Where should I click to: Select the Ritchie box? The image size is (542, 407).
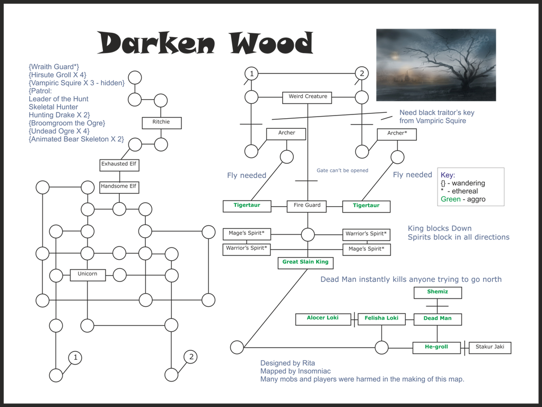(x=161, y=122)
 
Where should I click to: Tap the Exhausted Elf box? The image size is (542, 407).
(x=119, y=165)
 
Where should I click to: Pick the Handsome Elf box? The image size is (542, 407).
(x=119, y=187)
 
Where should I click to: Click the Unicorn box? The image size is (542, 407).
(x=88, y=275)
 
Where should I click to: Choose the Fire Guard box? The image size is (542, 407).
(x=307, y=206)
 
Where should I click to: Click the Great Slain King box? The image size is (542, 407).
(x=305, y=263)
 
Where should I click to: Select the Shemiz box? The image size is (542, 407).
(x=438, y=293)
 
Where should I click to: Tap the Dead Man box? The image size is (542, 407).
(x=438, y=319)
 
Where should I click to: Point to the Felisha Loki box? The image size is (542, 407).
(x=382, y=319)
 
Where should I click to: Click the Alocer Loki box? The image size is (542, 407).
(x=323, y=319)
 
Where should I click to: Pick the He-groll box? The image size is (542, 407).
(x=436, y=348)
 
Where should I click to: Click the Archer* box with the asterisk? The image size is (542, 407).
(x=397, y=135)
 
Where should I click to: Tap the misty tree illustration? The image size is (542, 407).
(x=436, y=65)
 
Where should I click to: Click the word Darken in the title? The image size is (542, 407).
(x=156, y=43)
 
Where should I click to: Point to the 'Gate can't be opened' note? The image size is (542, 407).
(x=343, y=170)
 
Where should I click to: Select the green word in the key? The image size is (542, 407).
(x=451, y=199)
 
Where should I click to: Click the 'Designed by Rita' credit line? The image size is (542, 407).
(x=287, y=363)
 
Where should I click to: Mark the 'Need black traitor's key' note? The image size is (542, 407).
(x=437, y=113)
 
